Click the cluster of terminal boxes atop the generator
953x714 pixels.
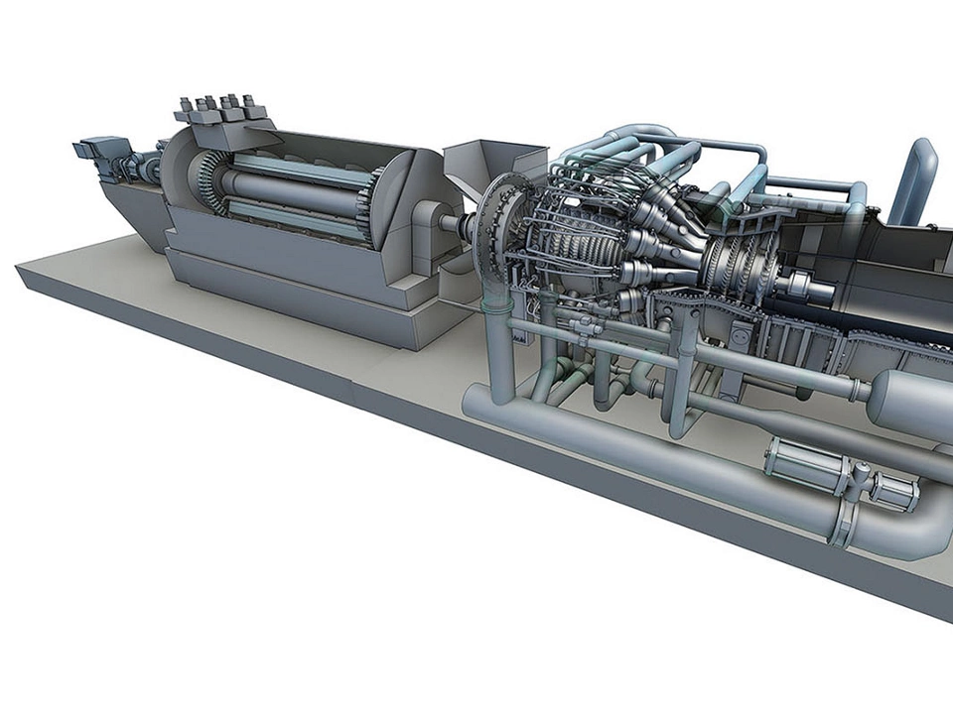pyautogui.click(x=220, y=109)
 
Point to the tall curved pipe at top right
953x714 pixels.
pyautogui.click(x=914, y=178)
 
